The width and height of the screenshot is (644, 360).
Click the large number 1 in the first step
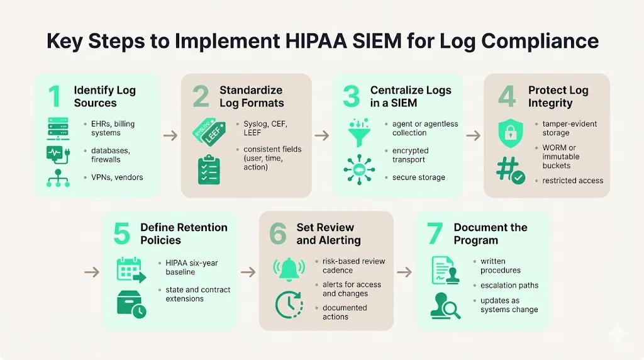tap(55, 96)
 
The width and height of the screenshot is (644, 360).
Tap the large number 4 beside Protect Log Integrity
tap(506, 96)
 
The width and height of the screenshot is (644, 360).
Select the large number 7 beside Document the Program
tap(434, 233)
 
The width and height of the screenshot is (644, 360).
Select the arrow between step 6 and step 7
tap(404, 273)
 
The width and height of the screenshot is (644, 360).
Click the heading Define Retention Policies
tap(184, 233)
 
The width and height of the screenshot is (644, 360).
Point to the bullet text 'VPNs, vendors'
tap(117, 177)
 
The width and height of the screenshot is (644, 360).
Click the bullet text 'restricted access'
tap(572, 181)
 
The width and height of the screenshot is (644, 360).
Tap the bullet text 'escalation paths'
tap(509, 285)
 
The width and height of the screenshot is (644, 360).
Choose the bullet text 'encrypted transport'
tap(410, 155)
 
